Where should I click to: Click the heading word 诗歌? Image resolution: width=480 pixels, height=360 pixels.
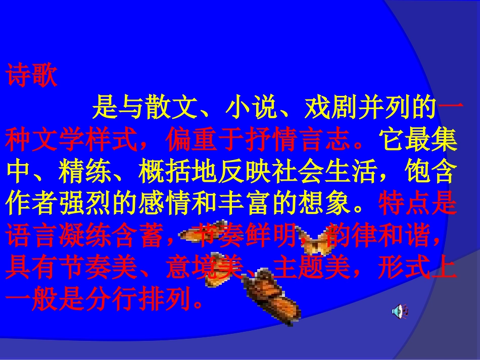[x=31, y=76]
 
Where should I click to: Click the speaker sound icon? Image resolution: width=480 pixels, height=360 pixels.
[x=400, y=311]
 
